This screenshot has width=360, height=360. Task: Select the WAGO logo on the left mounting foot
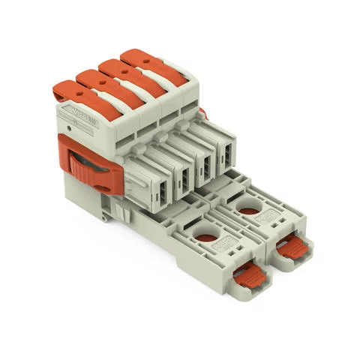pyautogui.click(x=226, y=247)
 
